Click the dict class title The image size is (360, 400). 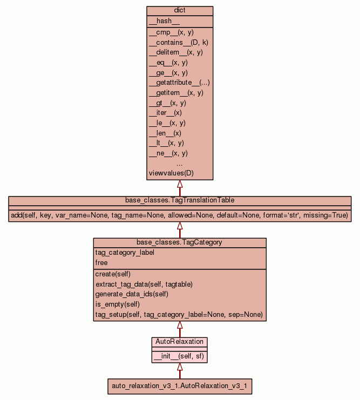[x=180, y=11]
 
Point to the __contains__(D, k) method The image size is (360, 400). [x=175, y=42]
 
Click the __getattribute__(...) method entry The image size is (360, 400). [x=179, y=83]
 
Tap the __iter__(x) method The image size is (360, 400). [x=165, y=113]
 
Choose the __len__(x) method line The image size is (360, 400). [x=165, y=133]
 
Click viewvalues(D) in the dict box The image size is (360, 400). [x=171, y=173]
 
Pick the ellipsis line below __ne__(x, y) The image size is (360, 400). [x=180, y=163]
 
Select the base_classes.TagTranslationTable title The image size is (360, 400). [x=180, y=200]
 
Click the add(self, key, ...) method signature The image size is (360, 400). [x=180, y=215]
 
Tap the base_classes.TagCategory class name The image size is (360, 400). [x=180, y=242]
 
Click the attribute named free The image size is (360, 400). [x=101, y=263]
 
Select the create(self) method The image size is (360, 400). [x=113, y=274]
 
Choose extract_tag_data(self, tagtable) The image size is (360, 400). [x=144, y=284]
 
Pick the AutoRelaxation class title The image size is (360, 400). [x=180, y=342]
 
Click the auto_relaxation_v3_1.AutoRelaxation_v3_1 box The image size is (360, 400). [x=180, y=387]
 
